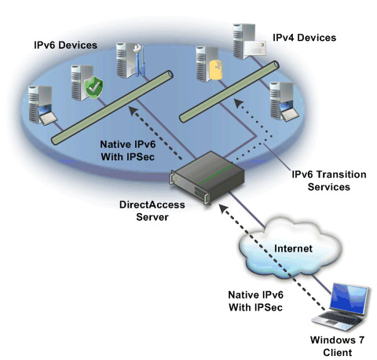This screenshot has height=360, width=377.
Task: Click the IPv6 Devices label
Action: pyautogui.click(x=65, y=45)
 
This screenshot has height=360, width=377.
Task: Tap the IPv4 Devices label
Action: pyautogui.click(x=304, y=38)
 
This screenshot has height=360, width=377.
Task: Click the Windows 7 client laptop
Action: pyautogui.click(x=341, y=307)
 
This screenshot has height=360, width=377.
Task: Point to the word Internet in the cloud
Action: pyautogui.click(x=293, y=248)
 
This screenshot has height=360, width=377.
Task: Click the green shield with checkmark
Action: pyautogui.click(x=93, y=87)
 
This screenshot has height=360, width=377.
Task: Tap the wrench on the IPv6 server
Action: pyautogui.click(x=138, y=61)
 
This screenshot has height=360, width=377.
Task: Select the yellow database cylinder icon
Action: pyautogui.click(x=216, y=70)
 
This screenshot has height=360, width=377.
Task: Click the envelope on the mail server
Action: pyautogui.click(x=255, y=48)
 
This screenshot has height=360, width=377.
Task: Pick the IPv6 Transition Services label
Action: pyautogui.click(x=329, y=181)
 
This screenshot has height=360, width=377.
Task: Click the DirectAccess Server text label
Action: pyautogui.click(x=152, y=211)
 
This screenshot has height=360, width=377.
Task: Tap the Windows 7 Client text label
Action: pyautogui.click(x=337, y=346)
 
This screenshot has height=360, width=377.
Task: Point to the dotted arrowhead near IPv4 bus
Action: pyautogui.click(x=239, y=103)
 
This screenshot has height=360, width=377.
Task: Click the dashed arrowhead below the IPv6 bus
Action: pyautogui.click(x=134, y=111)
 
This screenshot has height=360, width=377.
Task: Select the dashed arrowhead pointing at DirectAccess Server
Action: pyautogui.click(x=224, y=209)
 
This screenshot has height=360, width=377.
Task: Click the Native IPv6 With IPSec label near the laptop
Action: pyautogui.click(x=256, y=301)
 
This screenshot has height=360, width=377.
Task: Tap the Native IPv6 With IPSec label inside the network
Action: pyautogui.click(x=128, y=150)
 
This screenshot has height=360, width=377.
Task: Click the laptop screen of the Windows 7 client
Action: pyautogui.click(x=349, y=299)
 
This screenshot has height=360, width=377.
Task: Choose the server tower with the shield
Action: pyautogui.click(x=81, y=83)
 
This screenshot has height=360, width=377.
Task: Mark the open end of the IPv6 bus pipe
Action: pyautogui.click(x=170, y=74)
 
